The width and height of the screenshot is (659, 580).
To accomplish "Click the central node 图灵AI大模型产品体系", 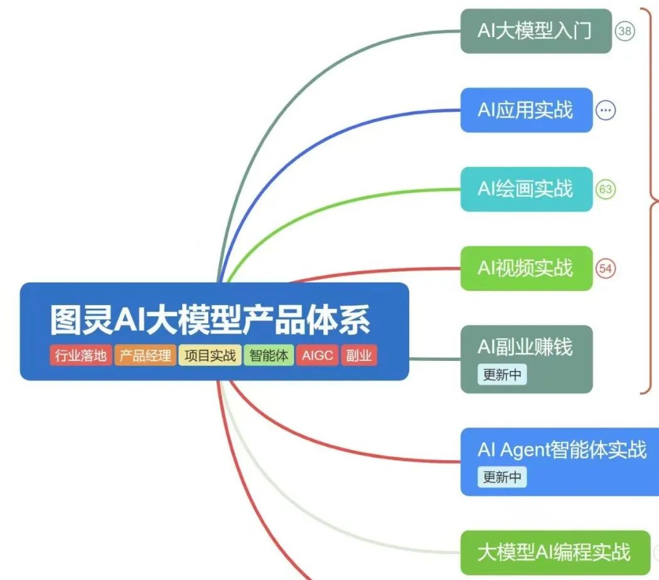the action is (211, 320).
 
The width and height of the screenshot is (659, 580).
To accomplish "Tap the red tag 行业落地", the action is (80, 356).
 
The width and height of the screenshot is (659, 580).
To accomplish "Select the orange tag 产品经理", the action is (145, 356).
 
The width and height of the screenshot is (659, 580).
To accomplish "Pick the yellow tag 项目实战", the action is (210, 356).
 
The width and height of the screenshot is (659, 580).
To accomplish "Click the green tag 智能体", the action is (269, 356).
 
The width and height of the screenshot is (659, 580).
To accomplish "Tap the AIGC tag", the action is (317, 356).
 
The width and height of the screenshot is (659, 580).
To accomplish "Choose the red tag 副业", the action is (359, 356).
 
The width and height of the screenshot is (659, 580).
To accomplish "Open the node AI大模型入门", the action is (535, 31).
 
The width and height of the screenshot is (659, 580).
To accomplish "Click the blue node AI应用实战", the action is (526, 110).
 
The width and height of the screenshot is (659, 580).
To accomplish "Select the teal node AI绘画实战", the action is (526, 189).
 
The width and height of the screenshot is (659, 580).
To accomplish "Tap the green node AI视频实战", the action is (526, 268).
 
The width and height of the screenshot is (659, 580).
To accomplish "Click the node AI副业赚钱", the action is (526, 347).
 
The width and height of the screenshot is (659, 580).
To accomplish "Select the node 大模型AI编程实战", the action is (554, 552).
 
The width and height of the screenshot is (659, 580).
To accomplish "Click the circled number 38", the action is (624, 31).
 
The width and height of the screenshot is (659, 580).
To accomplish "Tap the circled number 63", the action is (606, 189).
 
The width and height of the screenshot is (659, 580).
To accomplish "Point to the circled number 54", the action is (606, 268).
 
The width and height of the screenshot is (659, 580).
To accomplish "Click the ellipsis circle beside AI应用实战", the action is (606, 110).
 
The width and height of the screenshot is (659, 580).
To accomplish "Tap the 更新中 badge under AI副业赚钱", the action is (501, 375).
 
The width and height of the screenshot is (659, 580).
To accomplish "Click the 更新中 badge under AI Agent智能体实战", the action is (501, 477).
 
